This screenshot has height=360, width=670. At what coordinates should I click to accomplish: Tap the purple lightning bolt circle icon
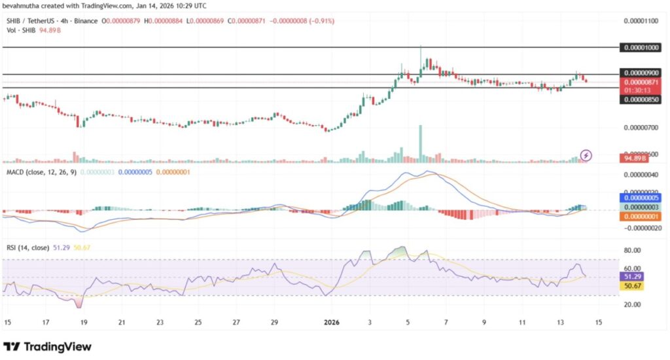tap(587, 155)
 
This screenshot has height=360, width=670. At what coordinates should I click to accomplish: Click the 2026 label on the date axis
tap(332, 322)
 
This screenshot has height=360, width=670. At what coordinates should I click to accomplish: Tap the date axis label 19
tap(84, 322)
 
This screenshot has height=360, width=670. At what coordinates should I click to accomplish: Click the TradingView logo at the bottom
tap(47, 346)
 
